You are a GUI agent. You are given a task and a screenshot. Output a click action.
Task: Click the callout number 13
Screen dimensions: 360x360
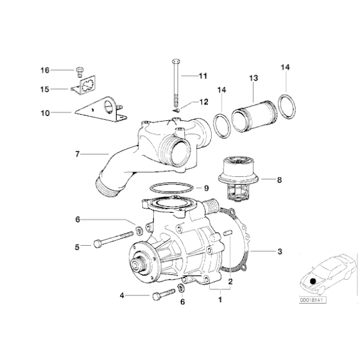[x=253, y=80]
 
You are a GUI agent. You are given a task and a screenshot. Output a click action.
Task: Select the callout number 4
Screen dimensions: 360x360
[x=122, y=296]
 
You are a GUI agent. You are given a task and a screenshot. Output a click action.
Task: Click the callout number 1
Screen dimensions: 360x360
[x=218, y=300]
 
